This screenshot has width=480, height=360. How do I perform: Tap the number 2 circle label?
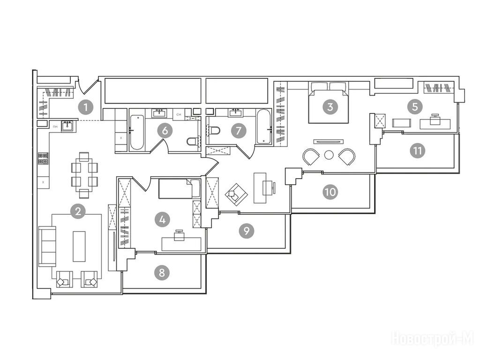point(78,211)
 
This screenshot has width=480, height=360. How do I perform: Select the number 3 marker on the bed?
point(330,107)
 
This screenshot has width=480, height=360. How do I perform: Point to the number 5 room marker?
point(415,107)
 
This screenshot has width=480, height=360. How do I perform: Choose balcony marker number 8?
point(162,272)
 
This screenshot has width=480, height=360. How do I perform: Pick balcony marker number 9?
point(247,231)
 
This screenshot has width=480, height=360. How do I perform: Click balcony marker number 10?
point(330,192)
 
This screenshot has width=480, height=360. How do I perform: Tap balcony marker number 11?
point(418,150)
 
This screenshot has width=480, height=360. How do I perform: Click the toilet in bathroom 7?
point(214,131)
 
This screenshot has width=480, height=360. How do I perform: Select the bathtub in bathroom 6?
point(137,132)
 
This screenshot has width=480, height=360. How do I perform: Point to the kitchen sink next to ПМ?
point(67,126)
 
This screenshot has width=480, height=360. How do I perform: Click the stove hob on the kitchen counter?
point(44,158)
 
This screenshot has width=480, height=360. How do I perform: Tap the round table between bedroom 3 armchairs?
point(329,155)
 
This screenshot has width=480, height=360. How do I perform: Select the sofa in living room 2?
point(47,247)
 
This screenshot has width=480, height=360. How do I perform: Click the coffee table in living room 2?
point(79,247)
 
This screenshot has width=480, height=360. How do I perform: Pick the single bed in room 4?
point(180,188)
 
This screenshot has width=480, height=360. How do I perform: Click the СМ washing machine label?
point(179,114)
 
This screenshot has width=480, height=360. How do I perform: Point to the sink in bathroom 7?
point(235,112)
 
